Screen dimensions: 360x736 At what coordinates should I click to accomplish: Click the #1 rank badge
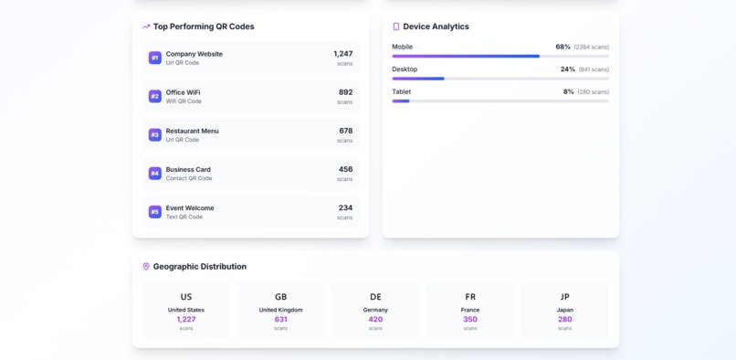(155, 58)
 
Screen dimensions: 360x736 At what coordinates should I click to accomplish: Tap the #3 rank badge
(155, 134)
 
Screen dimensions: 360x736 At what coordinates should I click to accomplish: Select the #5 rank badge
(155, 212)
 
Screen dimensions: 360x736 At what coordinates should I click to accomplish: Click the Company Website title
(194, 54)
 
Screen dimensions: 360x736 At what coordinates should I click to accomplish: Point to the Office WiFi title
(183, 92)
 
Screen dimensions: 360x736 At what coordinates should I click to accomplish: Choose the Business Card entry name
(188, 169)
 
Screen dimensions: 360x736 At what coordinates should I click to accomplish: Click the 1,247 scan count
(342, 54)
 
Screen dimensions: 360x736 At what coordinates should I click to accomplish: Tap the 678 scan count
(345, 131)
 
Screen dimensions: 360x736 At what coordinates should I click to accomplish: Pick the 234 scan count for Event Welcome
(345, 207)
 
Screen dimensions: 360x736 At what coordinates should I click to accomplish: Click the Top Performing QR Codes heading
(204, 26)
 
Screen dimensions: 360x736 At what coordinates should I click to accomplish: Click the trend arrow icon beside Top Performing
(146, 26)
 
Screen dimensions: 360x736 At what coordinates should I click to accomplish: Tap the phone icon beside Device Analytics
(395, 26)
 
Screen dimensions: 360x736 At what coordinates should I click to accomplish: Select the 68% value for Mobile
(563, 47)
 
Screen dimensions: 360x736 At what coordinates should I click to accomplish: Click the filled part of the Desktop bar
(418, 79)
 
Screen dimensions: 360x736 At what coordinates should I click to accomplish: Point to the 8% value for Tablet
(568, 91)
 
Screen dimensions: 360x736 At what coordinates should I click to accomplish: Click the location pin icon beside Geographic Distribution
(146, 267)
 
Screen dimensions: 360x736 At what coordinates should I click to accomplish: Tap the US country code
(186, 297)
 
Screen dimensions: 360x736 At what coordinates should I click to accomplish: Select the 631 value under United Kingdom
(280, 320)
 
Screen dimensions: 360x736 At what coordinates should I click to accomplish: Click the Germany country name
(375, 310)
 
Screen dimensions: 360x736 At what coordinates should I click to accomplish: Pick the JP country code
(564, 297)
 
